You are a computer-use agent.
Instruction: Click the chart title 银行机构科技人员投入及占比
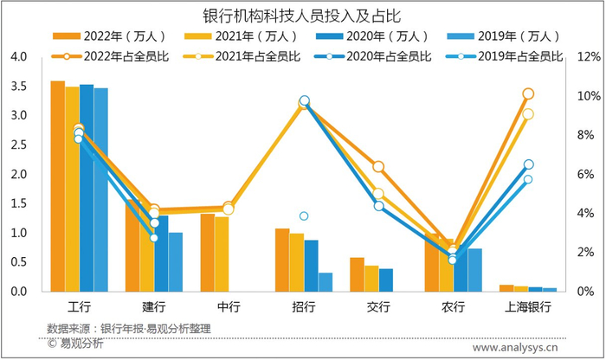point(302,16)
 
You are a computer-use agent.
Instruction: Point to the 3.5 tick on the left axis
point(20,86)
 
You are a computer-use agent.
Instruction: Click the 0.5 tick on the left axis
point(20,262)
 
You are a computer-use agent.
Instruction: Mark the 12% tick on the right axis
point(588,56)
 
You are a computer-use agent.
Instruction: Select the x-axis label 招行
point(304,306)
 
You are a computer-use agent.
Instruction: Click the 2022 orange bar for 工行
point(57,186)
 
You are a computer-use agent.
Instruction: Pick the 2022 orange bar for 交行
point(357,274)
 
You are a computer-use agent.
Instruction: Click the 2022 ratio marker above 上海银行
point(528,93)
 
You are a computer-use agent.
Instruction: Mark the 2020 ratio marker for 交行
point(378,206)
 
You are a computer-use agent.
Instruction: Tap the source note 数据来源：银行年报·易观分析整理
point(129,329)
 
